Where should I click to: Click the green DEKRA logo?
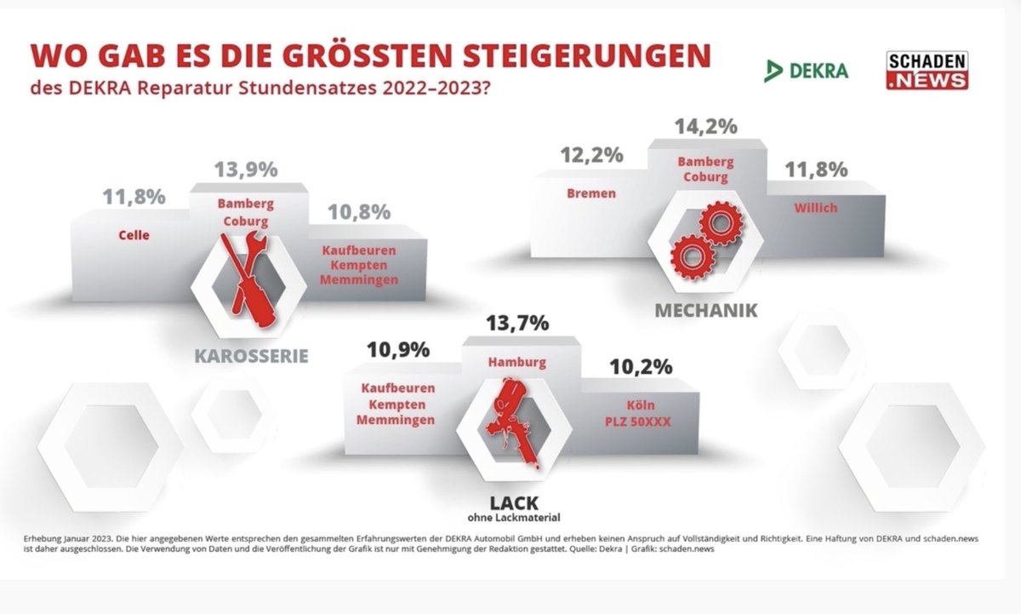tap(806, 71)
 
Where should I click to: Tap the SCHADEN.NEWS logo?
tap(927, 71)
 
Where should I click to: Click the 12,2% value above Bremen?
tap(591, 156)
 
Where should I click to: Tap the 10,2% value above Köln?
tap(641, 366)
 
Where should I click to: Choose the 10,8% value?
tap(360, 211)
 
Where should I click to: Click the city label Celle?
tap(134, 234)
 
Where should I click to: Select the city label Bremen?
tap(590, 193)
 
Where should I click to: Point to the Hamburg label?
tap(516, 362)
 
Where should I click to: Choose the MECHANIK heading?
tap(705, 310)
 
